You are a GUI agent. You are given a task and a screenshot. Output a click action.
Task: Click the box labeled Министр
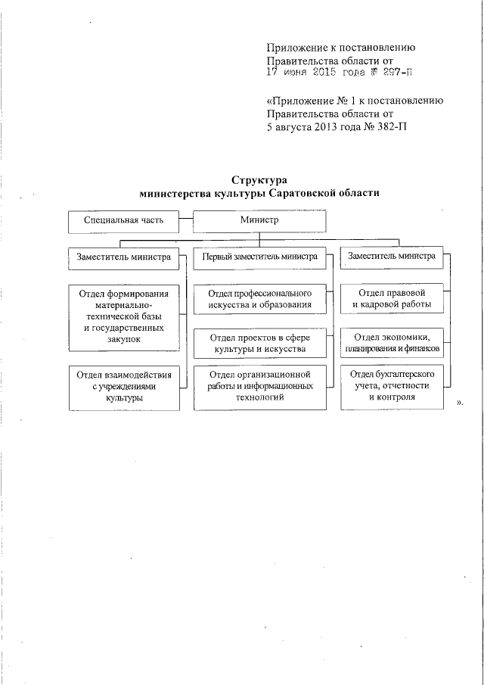(x=259, y=220)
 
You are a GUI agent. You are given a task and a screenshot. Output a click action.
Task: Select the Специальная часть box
(x=124, y=221)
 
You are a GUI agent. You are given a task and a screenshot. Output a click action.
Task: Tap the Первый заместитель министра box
(x=259, y=257)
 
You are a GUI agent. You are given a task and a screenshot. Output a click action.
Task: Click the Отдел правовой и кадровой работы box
(x=391, y=299)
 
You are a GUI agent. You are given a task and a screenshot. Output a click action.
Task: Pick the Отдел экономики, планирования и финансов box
(x=391, y=342)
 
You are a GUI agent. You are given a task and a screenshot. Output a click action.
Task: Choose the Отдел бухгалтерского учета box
(x=391, y=386)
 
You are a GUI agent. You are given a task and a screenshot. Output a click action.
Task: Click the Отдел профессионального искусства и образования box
(x=259, y=299)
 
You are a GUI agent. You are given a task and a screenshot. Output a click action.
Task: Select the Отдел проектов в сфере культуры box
(x=259, y=343)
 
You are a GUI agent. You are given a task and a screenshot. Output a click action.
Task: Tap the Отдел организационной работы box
(x=259, y=386)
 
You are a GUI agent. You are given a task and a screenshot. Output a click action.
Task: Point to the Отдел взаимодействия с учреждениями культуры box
(x=124, y=386)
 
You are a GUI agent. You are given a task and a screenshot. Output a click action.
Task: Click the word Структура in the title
(x=259, y=180)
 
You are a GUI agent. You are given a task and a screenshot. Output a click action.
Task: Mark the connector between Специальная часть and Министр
(x=187, y=221)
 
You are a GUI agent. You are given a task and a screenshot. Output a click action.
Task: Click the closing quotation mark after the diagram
(x=460, y=403)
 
